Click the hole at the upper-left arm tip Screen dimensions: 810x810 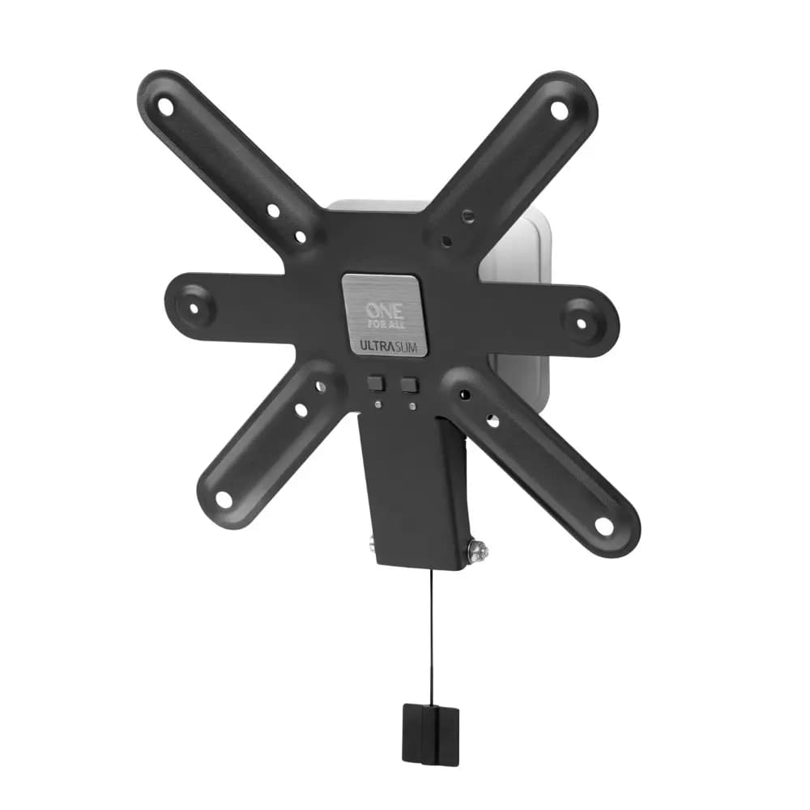[x=165, y=106]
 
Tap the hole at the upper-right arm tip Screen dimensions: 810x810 [x=560, y=110]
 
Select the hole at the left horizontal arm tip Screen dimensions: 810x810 [x=195, y=306]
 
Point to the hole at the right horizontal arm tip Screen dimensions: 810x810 [x=580, y=322]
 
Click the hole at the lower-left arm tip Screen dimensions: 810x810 [x=224, y=499]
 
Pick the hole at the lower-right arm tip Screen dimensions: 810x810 [x=604, y=526]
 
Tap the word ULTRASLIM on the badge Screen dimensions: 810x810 [x=382, y=344]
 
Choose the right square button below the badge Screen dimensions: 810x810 [x=409, y=386]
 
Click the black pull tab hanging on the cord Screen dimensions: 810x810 [x=430, y=734]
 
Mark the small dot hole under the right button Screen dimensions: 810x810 [x=412, y=406]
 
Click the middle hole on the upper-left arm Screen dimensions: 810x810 [x=273, y=211]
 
